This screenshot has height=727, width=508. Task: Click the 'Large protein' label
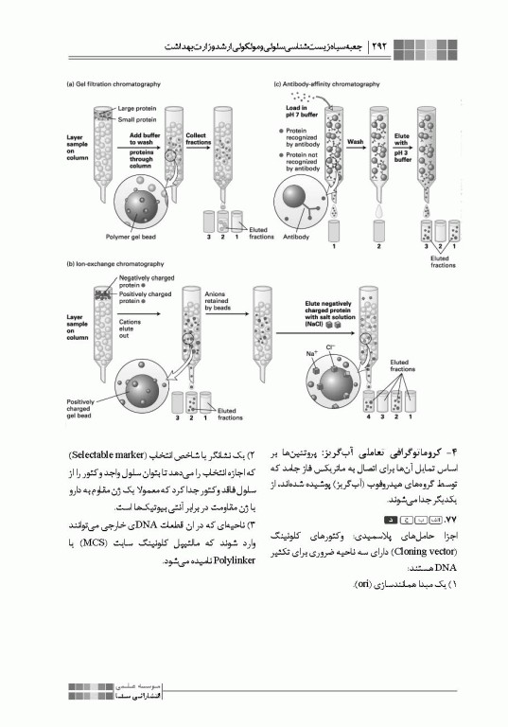[136, 110]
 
